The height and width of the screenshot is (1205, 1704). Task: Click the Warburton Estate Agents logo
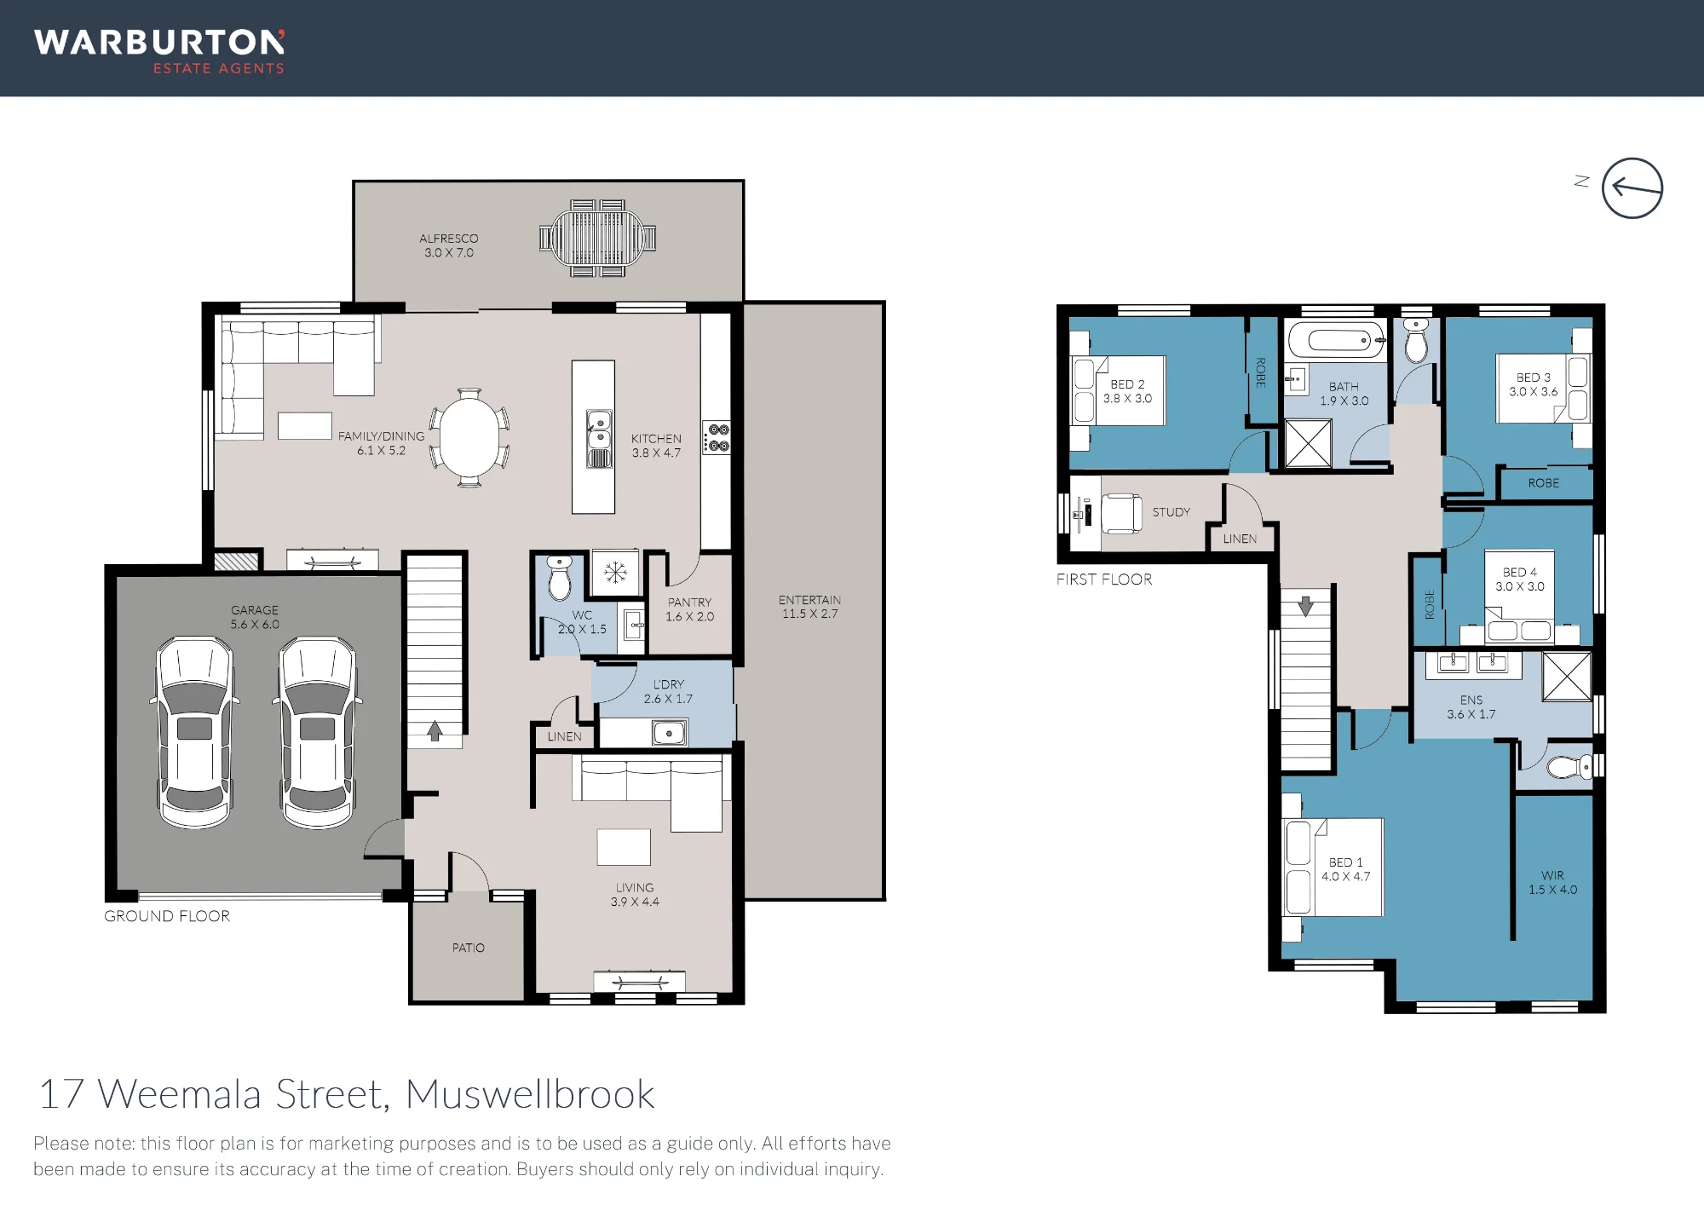[159, 52]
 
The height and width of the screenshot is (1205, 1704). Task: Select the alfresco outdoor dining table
[598, 239]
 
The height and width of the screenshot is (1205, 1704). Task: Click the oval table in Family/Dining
[469, 437]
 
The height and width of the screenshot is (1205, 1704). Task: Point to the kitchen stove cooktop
[717, 437]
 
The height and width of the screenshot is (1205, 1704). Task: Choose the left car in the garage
[195, 732]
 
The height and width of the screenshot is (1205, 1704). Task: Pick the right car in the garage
[318, 732]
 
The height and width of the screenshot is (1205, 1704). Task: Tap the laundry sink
[669, 732]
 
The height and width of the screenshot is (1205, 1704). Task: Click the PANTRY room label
[689, 602]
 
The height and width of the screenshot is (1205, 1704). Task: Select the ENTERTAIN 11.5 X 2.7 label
[809, 607]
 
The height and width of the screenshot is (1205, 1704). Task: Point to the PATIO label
[469, 948]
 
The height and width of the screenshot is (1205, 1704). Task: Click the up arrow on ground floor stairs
[435, 730]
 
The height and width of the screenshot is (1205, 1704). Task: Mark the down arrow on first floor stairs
[1305, 606]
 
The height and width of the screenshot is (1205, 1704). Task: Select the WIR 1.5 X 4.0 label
[1552, 882]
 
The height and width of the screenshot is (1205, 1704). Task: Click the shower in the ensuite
[1567, 677]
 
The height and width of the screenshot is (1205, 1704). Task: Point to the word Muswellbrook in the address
[530, 1094]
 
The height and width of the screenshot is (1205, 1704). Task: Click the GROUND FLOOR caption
[167, 916]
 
